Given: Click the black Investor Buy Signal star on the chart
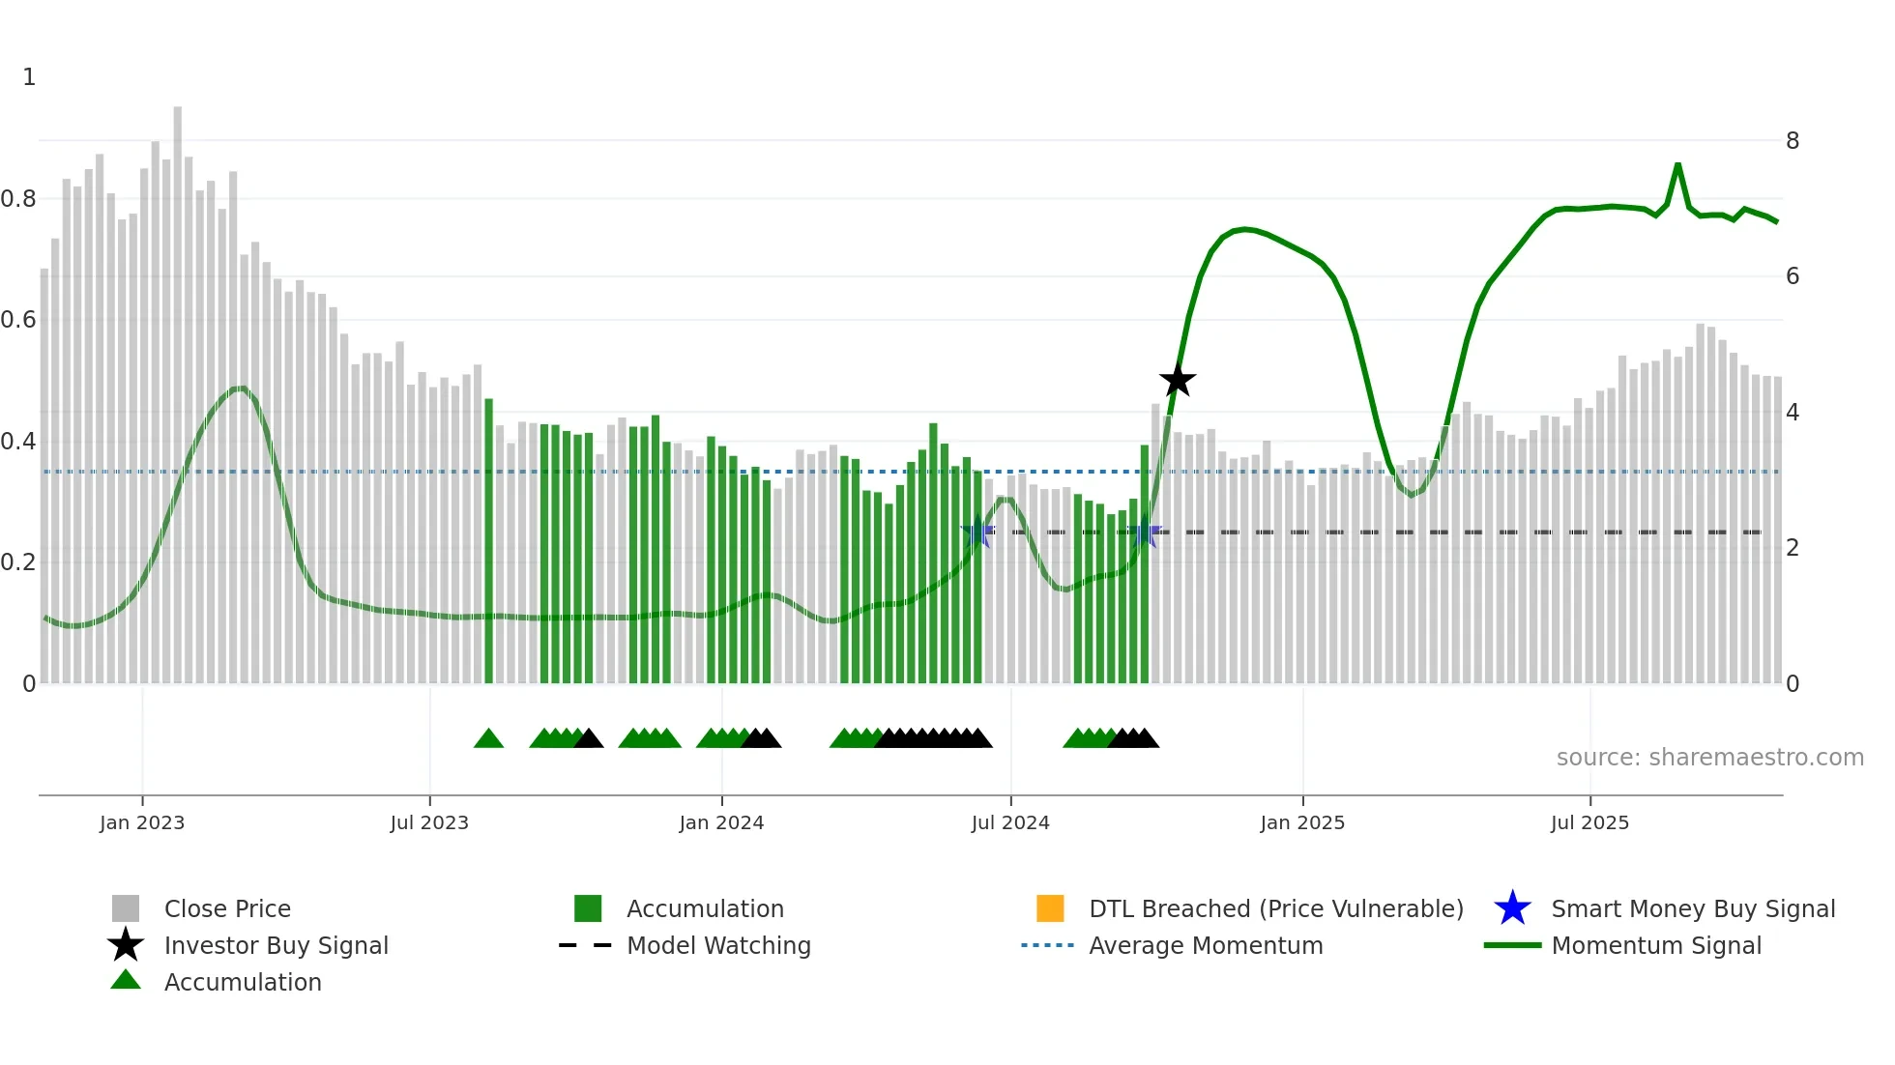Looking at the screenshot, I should point(1177,381).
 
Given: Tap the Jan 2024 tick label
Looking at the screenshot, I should point(721,822).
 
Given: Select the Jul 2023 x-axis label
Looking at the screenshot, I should point(429,822).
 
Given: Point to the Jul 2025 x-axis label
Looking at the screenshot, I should point(1589,822).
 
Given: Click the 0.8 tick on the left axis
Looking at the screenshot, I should point(18,199).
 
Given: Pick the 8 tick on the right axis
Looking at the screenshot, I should point(1792,141).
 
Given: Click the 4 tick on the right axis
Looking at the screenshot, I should point(1792,413).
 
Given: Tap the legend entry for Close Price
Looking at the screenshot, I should point(227,908).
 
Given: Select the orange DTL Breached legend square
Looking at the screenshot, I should point(1050,908).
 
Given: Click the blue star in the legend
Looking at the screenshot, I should point(1512,908).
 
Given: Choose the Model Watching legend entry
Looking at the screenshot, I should point(718,945).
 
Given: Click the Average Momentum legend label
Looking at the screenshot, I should point(1206,945).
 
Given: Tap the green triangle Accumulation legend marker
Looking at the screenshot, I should point(126,980).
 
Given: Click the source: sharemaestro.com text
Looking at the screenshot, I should point(1709,757).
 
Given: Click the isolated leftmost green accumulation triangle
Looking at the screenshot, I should point(488,739).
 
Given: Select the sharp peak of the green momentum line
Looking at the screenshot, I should point(1677,165).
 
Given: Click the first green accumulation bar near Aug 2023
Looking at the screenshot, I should point(488,541).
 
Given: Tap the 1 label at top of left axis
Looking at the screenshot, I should point(29,77).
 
